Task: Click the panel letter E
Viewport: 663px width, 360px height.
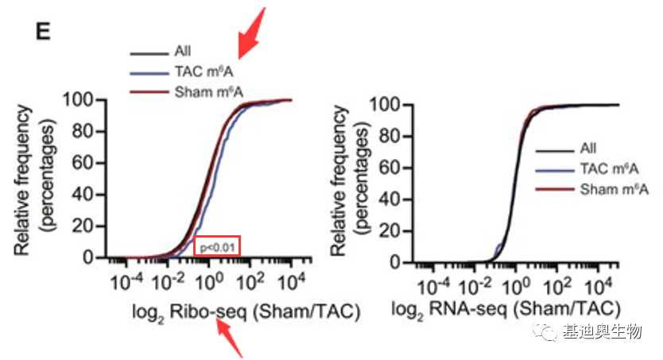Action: [x=43, y=31]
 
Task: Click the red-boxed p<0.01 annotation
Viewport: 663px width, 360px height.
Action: [x=217, y=246]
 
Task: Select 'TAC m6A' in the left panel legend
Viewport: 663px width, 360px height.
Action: [x=204, y=72]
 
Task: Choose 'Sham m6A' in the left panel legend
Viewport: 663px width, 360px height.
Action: [x=209, y=91]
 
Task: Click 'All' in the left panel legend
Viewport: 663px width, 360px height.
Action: [x=183, y=51]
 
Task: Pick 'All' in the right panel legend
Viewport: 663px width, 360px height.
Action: [x=588, y=149]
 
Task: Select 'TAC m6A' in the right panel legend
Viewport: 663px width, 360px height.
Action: [x=609, y=168]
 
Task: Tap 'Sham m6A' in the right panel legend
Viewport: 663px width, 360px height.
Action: [x=614, y=189]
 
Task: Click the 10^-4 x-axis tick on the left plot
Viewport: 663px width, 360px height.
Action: [x=126, y=282]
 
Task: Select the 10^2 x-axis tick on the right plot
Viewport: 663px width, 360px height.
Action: [x=556, y=288]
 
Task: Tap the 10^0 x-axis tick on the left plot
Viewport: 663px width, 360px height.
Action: [x=208, y=282]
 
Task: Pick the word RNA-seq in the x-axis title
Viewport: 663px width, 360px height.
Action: [x=468, y=309]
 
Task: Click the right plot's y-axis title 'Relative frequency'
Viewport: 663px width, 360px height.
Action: [x=338, y=180]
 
